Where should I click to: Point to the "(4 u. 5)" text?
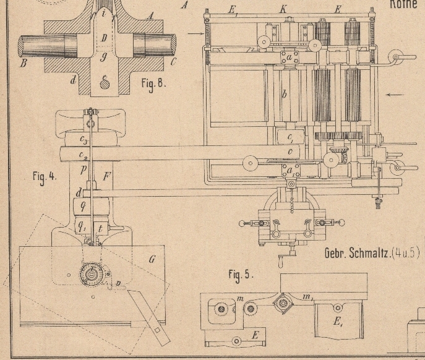[x=406, y=254]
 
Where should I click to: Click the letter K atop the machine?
[x=282, y=9]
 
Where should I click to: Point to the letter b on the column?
[x=284, y=94]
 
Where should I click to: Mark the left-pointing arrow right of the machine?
[x=396, y=95]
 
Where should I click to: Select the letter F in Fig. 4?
[x=106, y=177]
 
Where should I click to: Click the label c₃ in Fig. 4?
[x=84, y=140]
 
